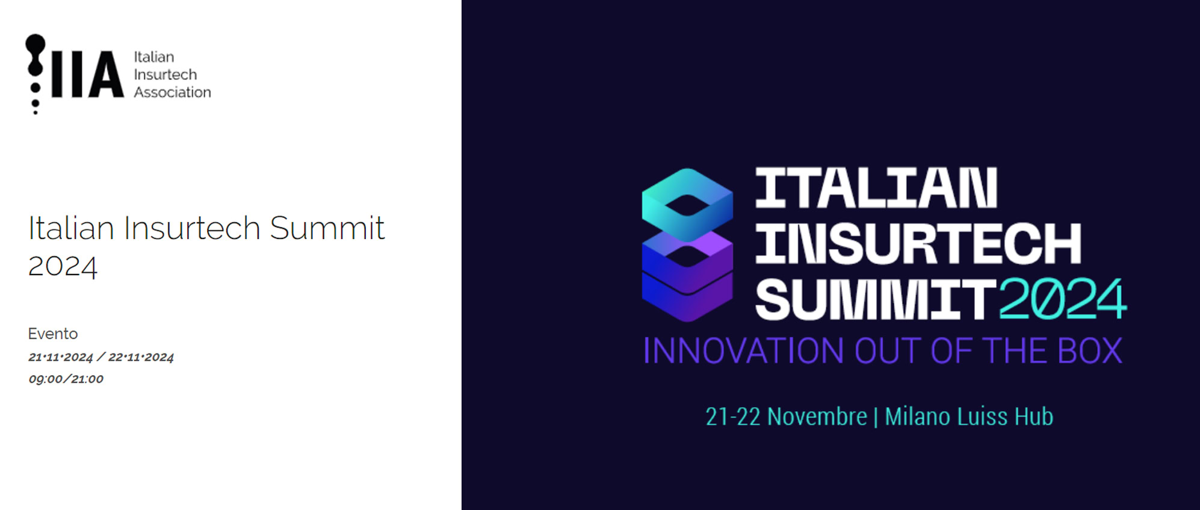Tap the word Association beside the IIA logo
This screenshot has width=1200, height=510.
point(172,92)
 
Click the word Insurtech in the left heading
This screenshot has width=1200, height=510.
point(192,228)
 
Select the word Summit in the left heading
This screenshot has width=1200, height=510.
point(327,228)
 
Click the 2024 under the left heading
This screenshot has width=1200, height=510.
point(63,266)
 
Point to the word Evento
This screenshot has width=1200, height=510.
point(53,334)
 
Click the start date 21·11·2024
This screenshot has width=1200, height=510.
point(61,357)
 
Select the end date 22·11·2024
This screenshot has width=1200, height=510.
point(141,357)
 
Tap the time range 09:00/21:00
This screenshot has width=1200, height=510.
point(66,379)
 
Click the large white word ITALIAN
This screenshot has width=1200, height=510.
point(876,188)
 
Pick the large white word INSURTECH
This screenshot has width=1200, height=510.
point(918,243)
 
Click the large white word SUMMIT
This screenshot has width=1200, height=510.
point(876,299)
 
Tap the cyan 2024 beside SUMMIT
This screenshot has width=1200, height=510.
point(1063,299)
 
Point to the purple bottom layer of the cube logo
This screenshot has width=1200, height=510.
point(687,295)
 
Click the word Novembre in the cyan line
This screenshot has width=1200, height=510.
point(817,417)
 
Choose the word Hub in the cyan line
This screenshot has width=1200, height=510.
point(1034,417)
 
